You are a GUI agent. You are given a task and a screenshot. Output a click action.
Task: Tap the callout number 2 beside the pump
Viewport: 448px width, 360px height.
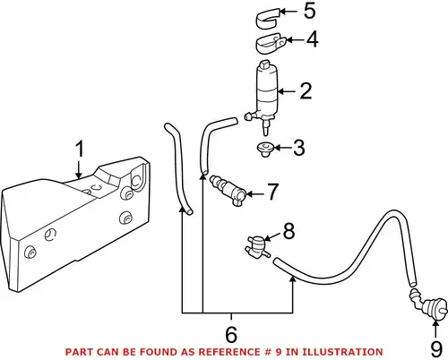pyautogui.click(x=306, y=91)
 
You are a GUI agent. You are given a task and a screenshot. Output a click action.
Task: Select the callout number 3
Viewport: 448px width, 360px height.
pyautogui.click(x=298, y=148)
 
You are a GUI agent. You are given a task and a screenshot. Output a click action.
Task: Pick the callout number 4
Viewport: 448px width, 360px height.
pyautogui.click(x=312, y=39)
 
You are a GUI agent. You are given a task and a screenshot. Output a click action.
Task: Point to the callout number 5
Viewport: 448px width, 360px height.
pyautogui.click(x=309, y=11)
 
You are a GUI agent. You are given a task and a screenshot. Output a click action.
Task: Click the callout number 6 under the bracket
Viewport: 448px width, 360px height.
pyautogui.click(x=231, y=335)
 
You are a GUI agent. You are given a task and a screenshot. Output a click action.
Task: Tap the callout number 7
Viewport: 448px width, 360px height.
pyautogui.click(x=272, y=192)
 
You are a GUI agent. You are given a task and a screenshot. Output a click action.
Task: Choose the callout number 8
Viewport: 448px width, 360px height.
pyautogui.click(x=289, y=231)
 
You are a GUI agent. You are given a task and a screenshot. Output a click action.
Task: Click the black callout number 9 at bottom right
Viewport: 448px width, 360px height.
pyautogui.click(x=436, y=349)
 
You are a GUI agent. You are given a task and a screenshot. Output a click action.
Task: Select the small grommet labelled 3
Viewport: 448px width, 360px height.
pyautogui.click(x=265, y=150)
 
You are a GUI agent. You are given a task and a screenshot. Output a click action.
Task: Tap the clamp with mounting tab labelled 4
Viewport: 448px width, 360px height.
pyautogui.click(x=271, y=44)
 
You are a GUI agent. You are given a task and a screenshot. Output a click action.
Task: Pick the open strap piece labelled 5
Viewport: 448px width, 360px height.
pyautogui.click(x=267, y=19)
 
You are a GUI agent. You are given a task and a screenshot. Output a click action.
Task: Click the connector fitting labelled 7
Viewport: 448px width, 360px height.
pyautogui.click(x=228, y=190)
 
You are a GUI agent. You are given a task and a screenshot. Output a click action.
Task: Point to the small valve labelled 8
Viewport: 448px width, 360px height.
pyautogui.click(x=257, y=247)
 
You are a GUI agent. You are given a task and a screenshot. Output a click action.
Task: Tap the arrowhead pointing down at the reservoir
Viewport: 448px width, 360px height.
pyautogui.click(x=79, y=176)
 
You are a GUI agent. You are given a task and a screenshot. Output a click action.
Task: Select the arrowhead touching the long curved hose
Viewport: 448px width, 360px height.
pyautogui.click(x=293, y=279)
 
